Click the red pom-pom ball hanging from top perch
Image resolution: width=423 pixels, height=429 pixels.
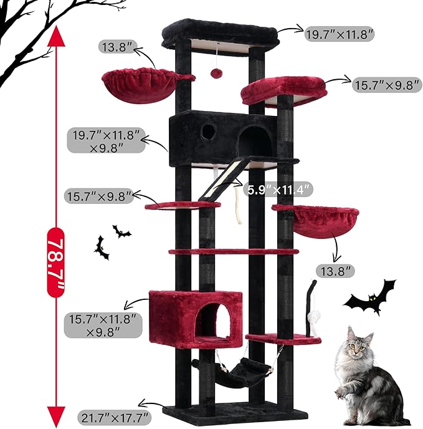click(x=216, y=74)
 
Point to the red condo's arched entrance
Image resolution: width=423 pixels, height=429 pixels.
click(x=211, y=322)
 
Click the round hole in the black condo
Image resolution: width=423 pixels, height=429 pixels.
click(x=209, y=131)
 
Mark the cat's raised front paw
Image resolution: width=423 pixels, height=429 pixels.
click(x=341, y=393)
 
